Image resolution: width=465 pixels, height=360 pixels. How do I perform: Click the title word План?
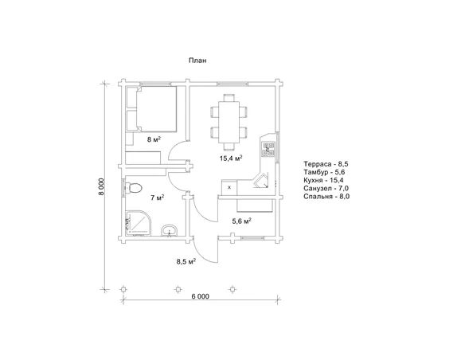[197, 61]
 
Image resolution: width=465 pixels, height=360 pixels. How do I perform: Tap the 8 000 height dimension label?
[102, 186]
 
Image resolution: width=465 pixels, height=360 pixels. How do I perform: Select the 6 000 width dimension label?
[200, 296]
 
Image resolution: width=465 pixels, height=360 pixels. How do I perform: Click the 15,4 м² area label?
[231, 158]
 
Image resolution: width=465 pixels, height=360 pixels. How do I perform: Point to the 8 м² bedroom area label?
[154, 139]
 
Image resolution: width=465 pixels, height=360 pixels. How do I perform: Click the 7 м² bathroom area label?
[157, 198]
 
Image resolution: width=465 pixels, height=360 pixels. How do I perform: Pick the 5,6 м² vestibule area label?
[242, 221]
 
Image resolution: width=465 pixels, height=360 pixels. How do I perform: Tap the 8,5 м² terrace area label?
[186, 261]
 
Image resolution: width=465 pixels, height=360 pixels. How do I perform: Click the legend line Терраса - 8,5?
[326, 164]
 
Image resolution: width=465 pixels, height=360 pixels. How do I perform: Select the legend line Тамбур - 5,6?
[324, 172]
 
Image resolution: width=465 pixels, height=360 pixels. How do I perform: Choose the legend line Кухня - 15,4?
[323, 180]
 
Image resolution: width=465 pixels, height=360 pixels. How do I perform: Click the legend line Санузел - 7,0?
[326, 188]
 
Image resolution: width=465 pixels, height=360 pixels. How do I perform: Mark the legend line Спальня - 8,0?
[326, 196]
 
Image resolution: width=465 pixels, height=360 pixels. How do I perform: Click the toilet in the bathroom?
[133, 188]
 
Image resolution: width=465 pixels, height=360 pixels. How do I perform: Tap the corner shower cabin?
[139, 223]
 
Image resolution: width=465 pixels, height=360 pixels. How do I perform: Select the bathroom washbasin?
[170, 230]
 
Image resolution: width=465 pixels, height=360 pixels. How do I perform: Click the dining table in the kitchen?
[229, 122]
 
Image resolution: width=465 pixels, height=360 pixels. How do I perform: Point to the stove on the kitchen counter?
[268, 150]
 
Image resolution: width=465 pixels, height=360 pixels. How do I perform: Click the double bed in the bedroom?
[156, 108]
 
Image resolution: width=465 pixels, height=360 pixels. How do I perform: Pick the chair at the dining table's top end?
[229, 97]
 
